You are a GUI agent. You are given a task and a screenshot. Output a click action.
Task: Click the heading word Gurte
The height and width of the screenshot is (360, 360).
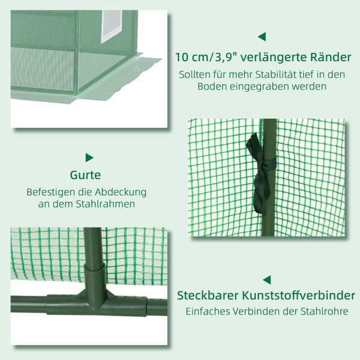(85, 176)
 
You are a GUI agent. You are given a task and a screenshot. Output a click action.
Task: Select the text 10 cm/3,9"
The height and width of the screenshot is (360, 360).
(205, 58)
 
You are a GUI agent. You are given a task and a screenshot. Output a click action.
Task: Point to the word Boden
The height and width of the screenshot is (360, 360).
(214, 86)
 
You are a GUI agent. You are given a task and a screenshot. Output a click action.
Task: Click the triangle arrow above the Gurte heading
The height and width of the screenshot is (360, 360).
(89, 158)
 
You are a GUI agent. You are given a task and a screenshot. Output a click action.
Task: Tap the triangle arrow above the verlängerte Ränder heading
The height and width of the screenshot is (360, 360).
(262, 37)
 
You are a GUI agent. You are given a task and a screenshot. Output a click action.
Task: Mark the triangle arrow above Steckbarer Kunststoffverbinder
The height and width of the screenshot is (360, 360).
(266, 280)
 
